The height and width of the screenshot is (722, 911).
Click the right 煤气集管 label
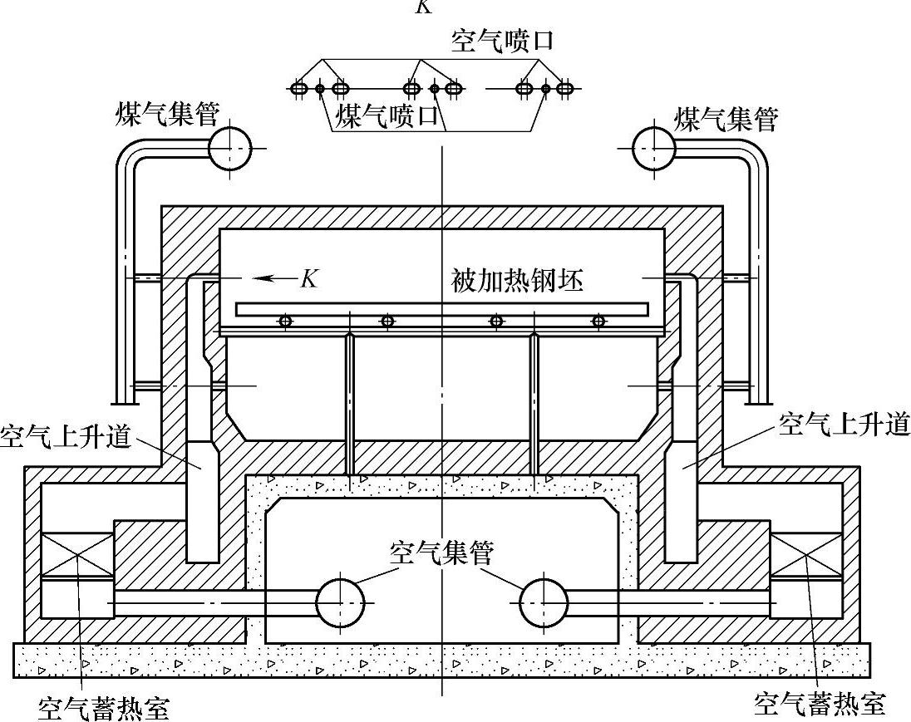point(726,120)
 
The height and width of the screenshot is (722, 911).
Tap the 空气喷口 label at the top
point(502,42)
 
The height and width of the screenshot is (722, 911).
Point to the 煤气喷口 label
point(386,115)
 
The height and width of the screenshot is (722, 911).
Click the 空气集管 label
point(441,551)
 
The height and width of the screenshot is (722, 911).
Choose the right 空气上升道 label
point(844,425)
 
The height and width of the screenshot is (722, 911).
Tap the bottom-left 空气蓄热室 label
point(104,708)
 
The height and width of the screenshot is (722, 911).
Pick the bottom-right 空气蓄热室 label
point(820,705)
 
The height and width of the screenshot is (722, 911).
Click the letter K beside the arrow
point(309,278)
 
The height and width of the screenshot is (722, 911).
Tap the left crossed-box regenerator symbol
point(77,555)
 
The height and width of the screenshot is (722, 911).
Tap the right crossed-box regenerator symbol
point(806,555)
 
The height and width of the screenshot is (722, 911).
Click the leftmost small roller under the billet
point(285,321)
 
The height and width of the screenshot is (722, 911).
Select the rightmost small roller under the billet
point(598,321)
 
